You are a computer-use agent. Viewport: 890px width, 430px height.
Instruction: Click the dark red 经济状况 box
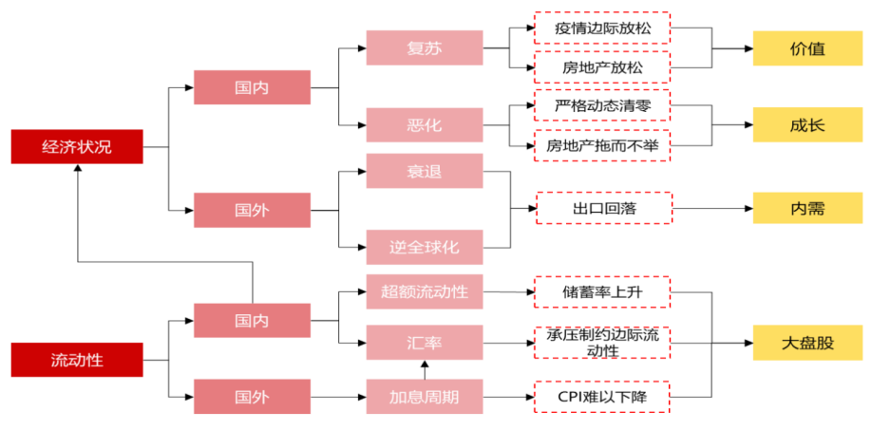(77, 146)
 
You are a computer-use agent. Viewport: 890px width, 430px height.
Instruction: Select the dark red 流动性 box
(77, 360)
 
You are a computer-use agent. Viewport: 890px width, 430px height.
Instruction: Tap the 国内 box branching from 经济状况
(252, 87)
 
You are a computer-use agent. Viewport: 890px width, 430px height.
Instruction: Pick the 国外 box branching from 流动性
(252, 396)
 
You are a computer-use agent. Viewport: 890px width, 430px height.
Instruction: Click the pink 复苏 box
(424, 47)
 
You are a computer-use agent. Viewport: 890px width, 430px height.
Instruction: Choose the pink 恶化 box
(424, 124)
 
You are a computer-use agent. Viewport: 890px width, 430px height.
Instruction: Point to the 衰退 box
(424, 171)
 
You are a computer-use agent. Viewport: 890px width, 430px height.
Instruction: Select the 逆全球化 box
(424, 247)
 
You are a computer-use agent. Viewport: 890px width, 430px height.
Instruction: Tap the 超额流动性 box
(424, 291)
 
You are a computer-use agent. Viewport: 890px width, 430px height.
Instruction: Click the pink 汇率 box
(424, 341)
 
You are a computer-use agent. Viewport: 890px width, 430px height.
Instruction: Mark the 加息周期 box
(424, 396)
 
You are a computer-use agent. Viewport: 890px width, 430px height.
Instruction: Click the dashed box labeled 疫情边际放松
(603, 28)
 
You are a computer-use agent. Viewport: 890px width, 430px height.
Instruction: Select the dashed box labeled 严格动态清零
(603, 105)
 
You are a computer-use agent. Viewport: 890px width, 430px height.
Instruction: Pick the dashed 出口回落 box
(603, 208)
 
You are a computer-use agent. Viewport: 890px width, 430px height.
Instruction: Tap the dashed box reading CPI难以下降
(603, 396)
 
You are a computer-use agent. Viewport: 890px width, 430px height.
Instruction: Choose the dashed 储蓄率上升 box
(603, 291)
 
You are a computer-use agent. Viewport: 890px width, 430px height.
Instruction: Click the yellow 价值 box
(807, 48)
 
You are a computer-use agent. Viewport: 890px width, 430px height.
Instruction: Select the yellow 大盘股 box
(807, 343)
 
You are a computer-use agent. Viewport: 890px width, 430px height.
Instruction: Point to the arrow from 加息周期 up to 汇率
(425, 370)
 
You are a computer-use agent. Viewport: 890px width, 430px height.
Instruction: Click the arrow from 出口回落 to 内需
(712, 208)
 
